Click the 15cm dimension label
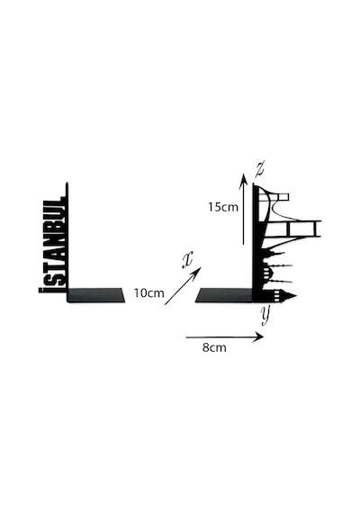[x=223, y=207]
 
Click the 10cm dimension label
[x=148, y=293]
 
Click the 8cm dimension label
[x=214, y=347]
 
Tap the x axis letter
[x=187, y=260]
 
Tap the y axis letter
[x=265, y=315]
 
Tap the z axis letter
[x=260, y=169]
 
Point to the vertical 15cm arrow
[x=244, y=209]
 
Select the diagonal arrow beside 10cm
[x=183, y=286]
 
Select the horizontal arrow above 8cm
[x=225, y=337]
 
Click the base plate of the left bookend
[x=96, y=295]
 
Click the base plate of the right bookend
[x=224, y=295]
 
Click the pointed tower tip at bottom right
[x=295, y=296]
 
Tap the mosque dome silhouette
[x=268, y=271]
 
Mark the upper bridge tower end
[x=283, y=197]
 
